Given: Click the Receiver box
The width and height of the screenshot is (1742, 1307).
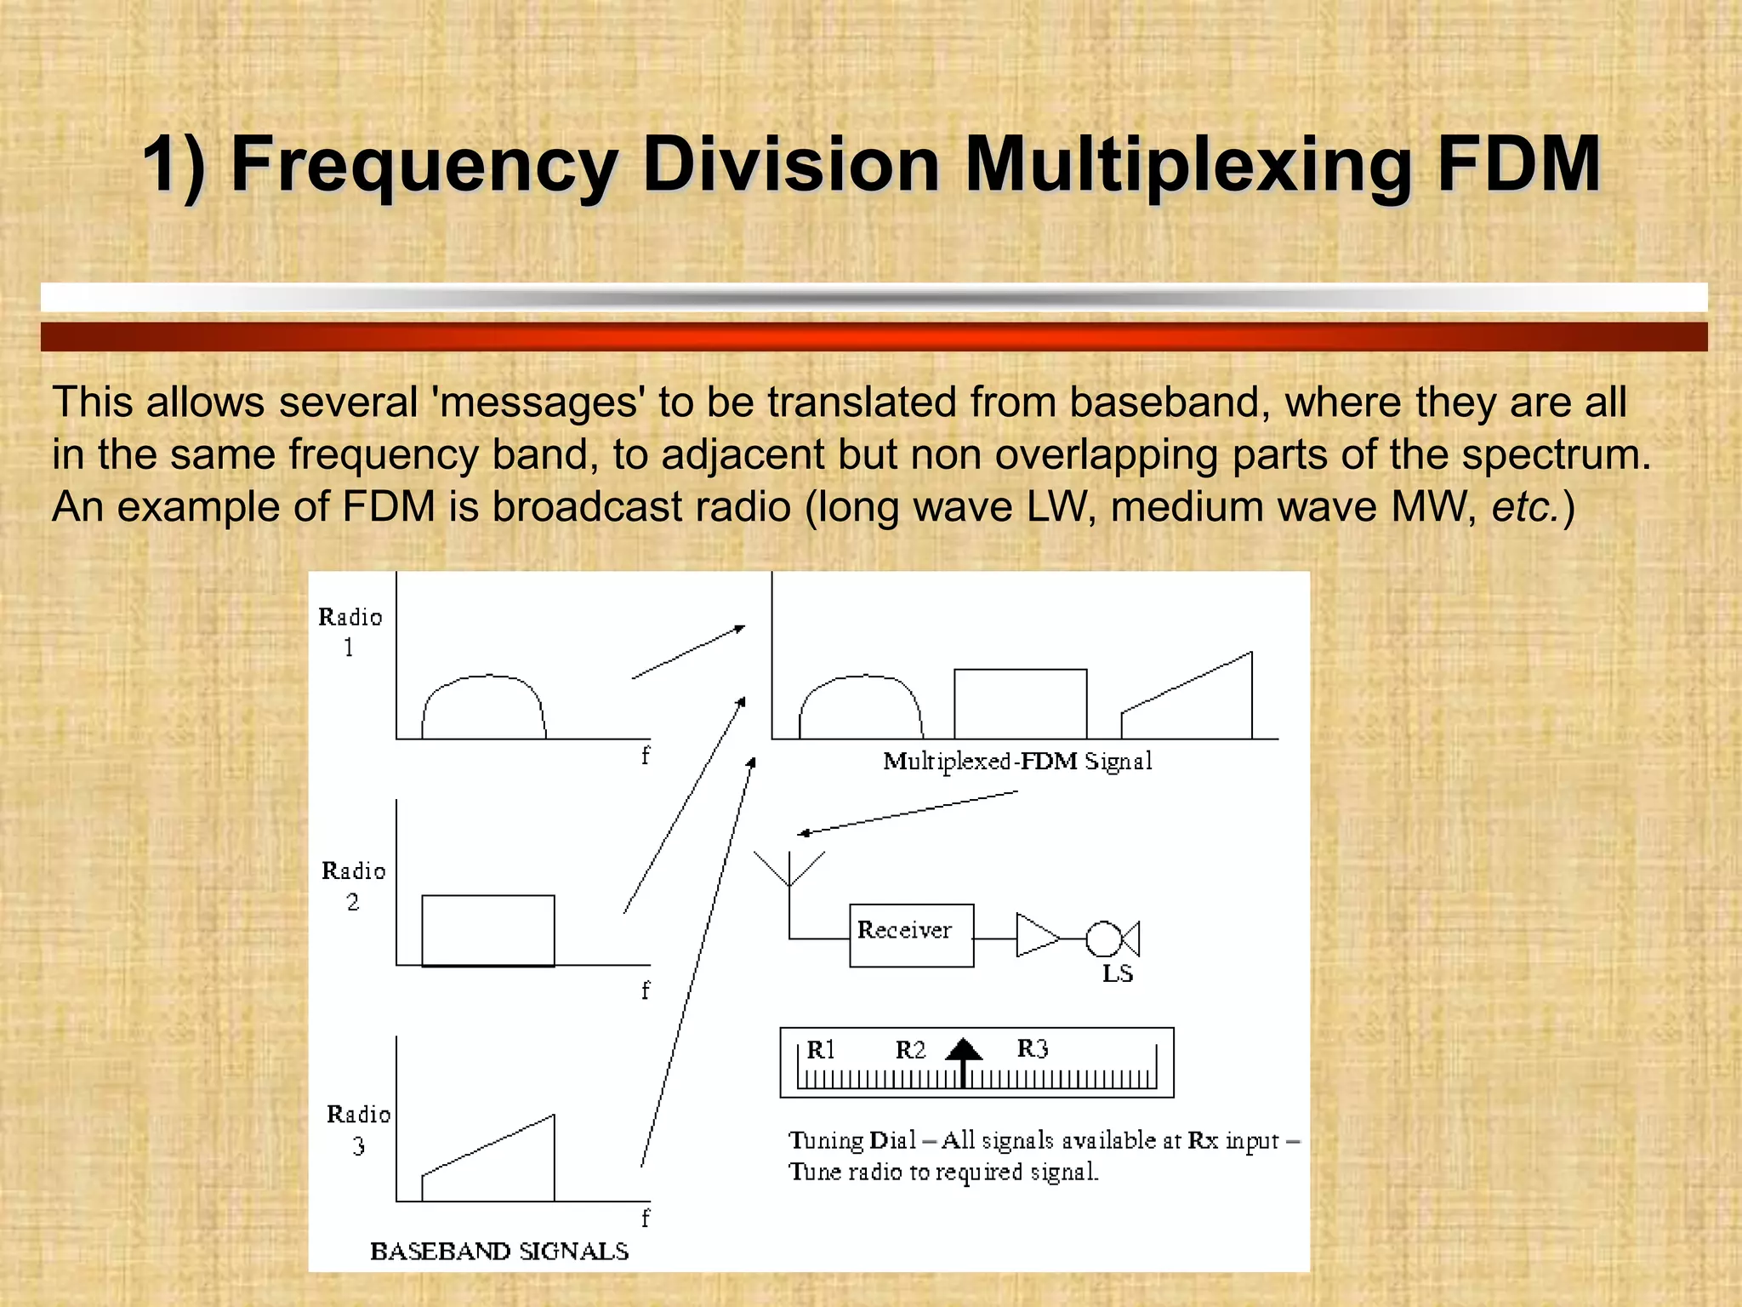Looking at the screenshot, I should (x=911, y=935).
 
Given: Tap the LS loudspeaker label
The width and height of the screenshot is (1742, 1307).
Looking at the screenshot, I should (x=1117, y=973).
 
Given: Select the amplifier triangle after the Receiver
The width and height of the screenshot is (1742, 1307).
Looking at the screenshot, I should (x=1035, y=936).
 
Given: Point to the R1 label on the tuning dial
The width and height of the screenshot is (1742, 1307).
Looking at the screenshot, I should (x=821, y=1050).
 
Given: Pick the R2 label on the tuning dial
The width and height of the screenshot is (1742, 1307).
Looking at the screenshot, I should (x=910, y=1050).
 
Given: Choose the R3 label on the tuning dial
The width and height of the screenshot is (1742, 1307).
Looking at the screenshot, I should (x=1032, y=1048).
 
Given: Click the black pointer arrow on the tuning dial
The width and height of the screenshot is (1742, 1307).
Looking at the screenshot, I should (x=964, y=1058).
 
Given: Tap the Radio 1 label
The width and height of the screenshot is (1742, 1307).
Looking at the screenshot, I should (x=350, y=631).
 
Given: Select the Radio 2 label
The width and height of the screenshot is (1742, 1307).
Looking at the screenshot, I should (x=353, y=886).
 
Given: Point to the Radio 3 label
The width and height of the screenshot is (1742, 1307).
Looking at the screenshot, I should (x=358, y=1129).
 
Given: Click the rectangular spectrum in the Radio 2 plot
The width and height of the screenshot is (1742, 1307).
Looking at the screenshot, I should (x=488, y=930).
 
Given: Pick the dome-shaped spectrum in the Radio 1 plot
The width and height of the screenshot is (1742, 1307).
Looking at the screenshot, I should (x=484, y=706).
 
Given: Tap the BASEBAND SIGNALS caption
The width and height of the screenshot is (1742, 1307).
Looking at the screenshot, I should (x=499, y=1251).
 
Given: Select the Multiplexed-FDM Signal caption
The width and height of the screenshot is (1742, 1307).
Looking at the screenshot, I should (x=1017, y=761).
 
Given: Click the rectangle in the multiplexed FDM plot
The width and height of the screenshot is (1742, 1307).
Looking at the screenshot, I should (x=1020, y=704).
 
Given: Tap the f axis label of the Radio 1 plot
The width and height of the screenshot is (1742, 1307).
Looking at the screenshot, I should (x=646, y=755).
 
